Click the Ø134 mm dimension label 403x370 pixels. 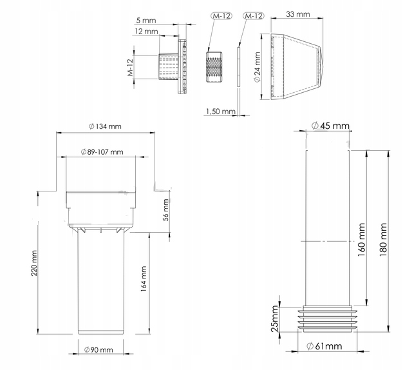tap(104, 126)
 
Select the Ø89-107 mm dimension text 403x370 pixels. tap(102, 152)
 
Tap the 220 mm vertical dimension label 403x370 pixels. tap(34, 263)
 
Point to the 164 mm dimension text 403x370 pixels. tap(144, 279)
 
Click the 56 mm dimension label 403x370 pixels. tap(166, 210)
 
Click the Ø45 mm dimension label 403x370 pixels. tap(330, 126)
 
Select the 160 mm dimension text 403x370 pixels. tap(361, 240)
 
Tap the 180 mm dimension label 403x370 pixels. tap(383, 240)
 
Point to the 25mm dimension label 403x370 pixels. tap(275, 318)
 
